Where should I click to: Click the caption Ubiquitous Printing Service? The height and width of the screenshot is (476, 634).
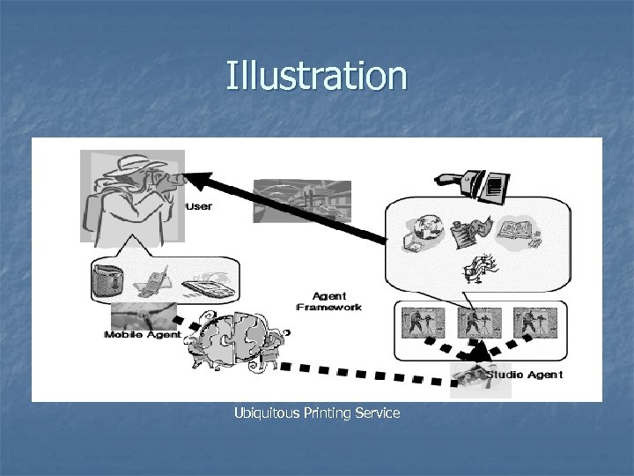pyautogui.click(x=317, y=413)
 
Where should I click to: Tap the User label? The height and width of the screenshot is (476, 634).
pyautogui.click(x=200, y=206)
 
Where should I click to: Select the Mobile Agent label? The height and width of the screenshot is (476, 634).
pyautogui.click(x=142, y=335)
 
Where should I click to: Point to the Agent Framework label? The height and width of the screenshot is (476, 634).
pyautogui.click(x=330, y=301)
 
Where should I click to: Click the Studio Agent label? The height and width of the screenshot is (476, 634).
pyautogui.click(x=525, y=376)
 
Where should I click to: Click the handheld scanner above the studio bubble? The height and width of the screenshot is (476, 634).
pyautogui.click(x=476, y=184)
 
